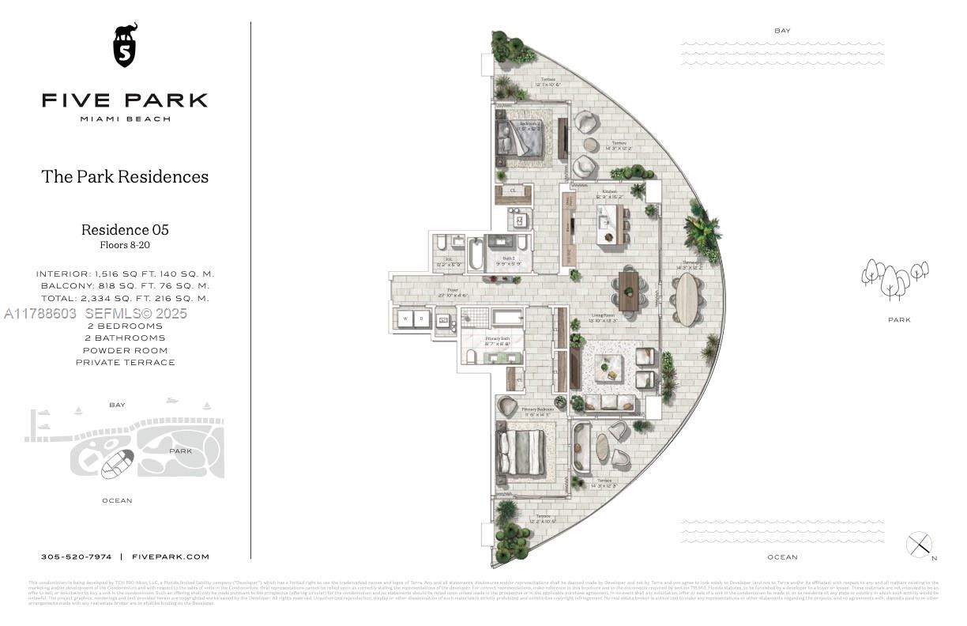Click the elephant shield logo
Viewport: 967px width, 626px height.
click(x=125, y=45)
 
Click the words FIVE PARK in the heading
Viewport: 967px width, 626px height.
click(x=125, y=100)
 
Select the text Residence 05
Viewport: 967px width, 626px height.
click(x=125, y=230)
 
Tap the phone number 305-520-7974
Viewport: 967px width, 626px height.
click(x=76, y=556)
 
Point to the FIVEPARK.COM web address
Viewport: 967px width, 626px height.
click(x=171, y=556)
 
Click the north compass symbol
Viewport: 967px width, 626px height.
click(x=919, y=545)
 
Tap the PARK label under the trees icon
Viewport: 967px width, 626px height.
click(x=898, y=320)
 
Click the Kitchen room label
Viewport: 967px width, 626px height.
click(x=609, y=192)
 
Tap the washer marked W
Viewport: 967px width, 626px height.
click(x=404, y=319)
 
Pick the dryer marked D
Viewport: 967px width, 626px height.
click(x=422, y=319)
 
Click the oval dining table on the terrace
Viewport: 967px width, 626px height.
click(x=687, y=299)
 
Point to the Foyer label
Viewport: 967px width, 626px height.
click(x=453, y=290)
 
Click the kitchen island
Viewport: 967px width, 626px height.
click(x=609, y=223)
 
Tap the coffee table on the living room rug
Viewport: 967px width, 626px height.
click(x=608, y=368)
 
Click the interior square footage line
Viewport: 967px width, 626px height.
click(x=125, y=273)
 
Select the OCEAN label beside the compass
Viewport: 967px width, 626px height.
click(x=782, y=557)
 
